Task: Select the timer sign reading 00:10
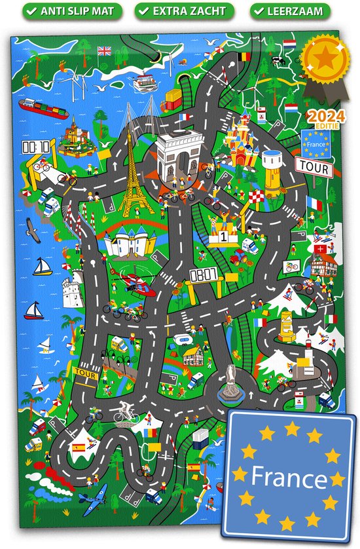[x=36, y=147]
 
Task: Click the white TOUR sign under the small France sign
[x=314, y=168]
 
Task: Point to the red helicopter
[x=134, y=283]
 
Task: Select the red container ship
[x=39, y=105]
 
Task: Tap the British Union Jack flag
[x=105, y=50]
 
